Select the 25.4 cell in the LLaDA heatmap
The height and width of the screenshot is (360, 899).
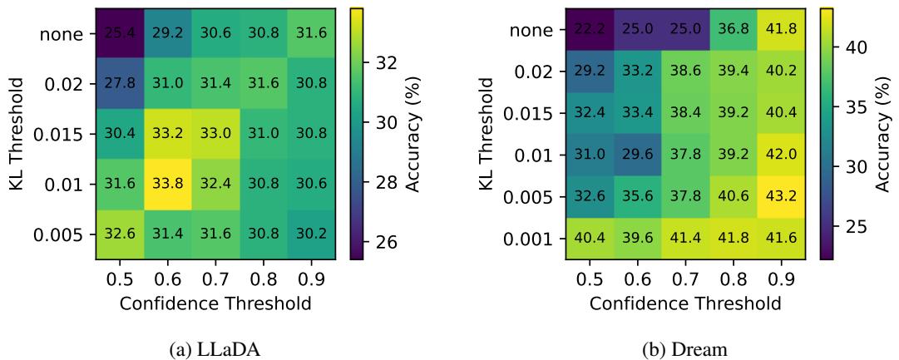117,34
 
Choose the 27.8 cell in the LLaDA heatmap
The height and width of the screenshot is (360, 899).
117,84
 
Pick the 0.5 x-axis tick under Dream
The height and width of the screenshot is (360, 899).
587,280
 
